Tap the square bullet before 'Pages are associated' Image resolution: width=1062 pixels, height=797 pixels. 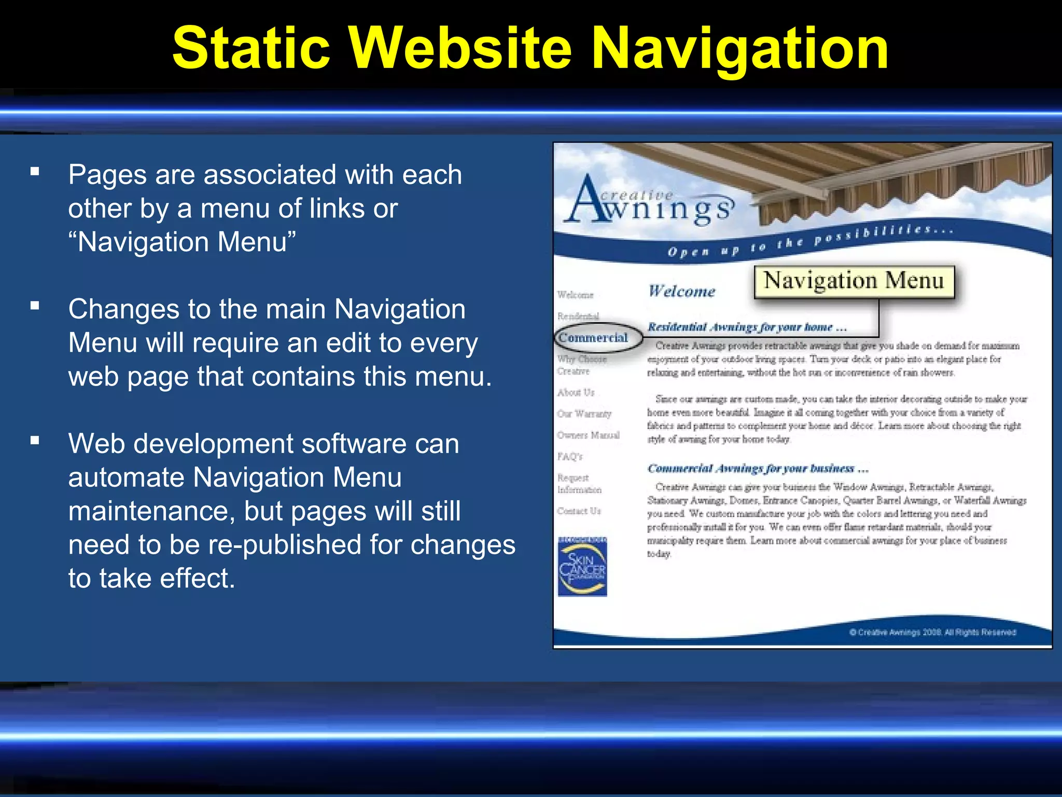pyautogui.click(x=35, y=172)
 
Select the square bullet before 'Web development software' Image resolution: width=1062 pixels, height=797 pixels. pyautogui.click(x=35, y=441)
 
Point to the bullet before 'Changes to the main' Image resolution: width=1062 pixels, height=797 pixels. pyautogui.click(x=35, y=306)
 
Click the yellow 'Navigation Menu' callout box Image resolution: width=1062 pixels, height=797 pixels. pyautogui.click(x=854, y=281)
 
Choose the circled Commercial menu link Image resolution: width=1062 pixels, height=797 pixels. pyautogui.click(x=593, y=338)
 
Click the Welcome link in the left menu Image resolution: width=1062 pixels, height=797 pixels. pyautogui.click(x=575, y=295)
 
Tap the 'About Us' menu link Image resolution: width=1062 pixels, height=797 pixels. pyautogui.click(x=576, y=392)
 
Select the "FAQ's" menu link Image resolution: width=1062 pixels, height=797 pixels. pyautogui.click(x=570, y=457)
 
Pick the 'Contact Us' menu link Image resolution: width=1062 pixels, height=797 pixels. pyautogui.click(x=579, y=511)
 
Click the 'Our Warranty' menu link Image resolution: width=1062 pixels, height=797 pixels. pyautogui.click(x=584, y=414)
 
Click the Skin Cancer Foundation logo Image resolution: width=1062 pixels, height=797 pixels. pyautogui.click(x=582, y=567)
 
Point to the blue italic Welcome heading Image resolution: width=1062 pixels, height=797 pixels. pyautogui.click(x=681, y=291)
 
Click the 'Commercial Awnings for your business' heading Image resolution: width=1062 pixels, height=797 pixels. pyautogui.click(x=757, y=469)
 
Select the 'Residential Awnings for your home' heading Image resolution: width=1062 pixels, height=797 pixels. pyautogui.click(x=747, y=327)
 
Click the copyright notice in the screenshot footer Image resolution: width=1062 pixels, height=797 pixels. pyautogui.click(x=932, y=632)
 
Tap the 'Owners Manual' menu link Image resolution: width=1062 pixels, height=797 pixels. pyautogui.click(x=588, y=435)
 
